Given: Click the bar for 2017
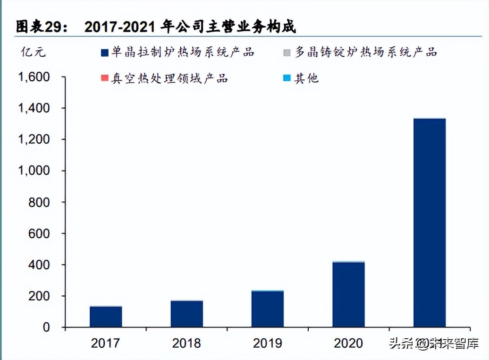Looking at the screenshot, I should tap(106, 317).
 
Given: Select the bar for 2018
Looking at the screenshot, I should tap(187, 314).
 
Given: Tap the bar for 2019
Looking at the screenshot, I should tap(268, 309).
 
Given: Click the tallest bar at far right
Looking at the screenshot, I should tap(430, 223).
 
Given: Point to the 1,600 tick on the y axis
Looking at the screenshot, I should tap(34, 77).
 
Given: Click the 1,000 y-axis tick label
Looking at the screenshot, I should tap(34, 171).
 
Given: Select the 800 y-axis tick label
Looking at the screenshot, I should tap(40, 202).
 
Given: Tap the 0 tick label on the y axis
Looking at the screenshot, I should tap(46, 327).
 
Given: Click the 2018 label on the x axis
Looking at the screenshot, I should tap(186, 343).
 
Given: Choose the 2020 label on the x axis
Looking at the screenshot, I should tap(348, 343).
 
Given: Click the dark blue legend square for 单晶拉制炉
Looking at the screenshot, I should tap(104, 52).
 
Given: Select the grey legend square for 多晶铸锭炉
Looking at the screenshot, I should tap(287, 52).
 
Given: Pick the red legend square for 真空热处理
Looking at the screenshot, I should tap(104, 78).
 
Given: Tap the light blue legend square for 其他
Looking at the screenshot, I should tap(287, 78).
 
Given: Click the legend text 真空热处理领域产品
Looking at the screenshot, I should tap(169, 78).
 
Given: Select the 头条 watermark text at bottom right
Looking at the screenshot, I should tap(401, 343).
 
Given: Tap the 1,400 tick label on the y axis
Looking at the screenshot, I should tap(34, 108).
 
